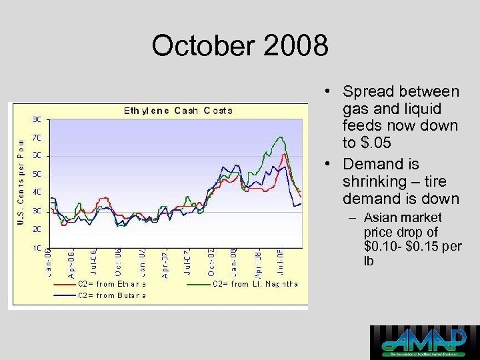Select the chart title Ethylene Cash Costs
click(x=178, y=111)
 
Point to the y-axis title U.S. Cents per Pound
click(x=21, y=181)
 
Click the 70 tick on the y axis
click(x=37, y=137)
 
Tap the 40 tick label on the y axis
click(x=37, y=192)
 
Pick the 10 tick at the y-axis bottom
click(x=37, y=247)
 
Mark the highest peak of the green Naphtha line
click(x=281, y=137)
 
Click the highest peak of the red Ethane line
click(x=285, y=154)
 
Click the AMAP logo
click(x=424, y=342)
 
